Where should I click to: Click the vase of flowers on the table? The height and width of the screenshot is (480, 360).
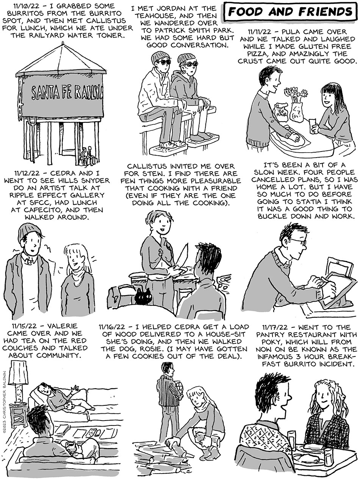pyautogui.click(x=296, y=105)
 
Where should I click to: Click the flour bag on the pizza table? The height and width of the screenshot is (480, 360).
pyautogui.click(x=280, y=113)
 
